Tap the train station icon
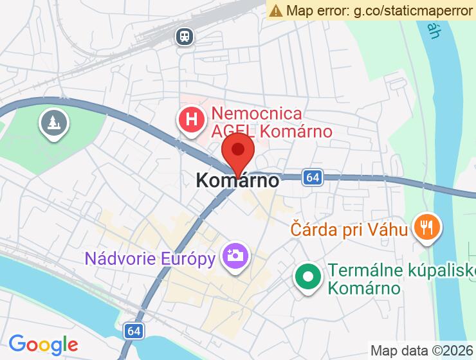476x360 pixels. pyautogui.click(x=185, y=36)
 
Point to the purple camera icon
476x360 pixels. pyautogui.click(x=235, y=256)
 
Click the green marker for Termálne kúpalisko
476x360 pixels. pyautogui.click(x=308, y=277)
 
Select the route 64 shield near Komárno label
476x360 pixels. pyautogui.click(x=313, y=177)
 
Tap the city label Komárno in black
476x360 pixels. pyautogui.click(x=238, y=181)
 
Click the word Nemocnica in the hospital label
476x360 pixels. pyautogui.click(x=257, y=114)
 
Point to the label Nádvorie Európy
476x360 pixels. pyautogui.click(x=150, y=259)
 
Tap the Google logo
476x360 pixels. pyautogui.click(x=43, y=344)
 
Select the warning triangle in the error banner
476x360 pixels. pyautogui.click(x=276, y=10)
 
